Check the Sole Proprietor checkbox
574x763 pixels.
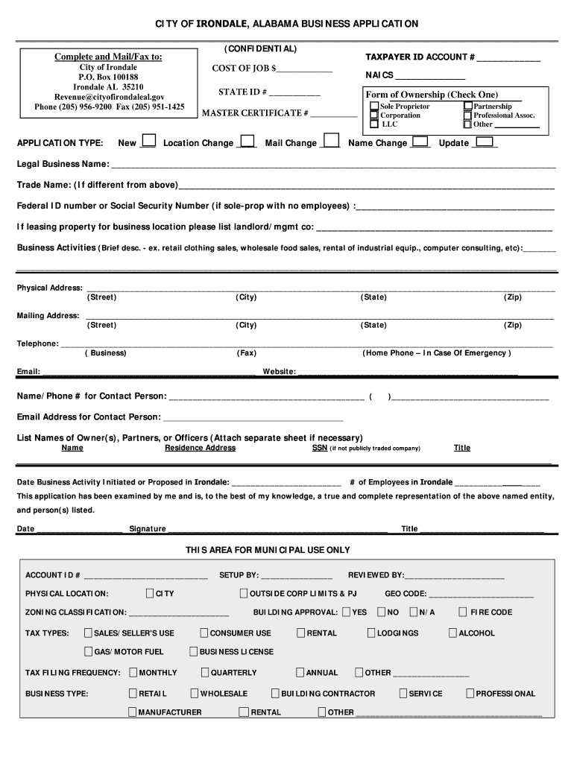(374, 107)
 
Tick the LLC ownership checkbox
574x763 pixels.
(374, 124)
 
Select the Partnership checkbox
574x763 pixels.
(467, 107)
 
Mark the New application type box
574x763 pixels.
(149, 141)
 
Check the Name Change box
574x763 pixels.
(420, 141)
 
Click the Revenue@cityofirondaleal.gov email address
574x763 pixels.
(109, 97)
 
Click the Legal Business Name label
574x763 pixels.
(63, 164)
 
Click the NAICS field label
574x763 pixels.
(379, 75)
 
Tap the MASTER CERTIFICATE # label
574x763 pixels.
(255, 113)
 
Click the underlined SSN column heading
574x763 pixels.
(319, 448)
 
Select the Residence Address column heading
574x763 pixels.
(200, 448)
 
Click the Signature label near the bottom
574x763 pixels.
(148, 529)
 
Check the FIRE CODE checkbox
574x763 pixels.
(463, 612)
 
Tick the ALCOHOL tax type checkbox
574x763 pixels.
(452, 633)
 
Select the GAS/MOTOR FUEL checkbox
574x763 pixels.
(88, 651)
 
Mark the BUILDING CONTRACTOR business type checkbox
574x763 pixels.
(275, 693)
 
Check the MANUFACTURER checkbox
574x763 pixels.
(132, 712)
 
